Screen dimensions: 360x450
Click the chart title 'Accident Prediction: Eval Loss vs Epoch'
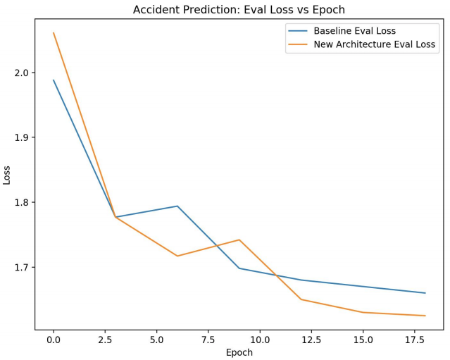point(239,10)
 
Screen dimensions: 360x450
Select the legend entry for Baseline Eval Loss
point(354,31)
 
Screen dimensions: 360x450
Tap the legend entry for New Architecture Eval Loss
point(375,45)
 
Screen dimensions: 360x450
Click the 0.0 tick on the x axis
point(54,340)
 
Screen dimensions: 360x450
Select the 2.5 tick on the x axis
point(105,340)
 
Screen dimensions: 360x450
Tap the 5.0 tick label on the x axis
point(156,340)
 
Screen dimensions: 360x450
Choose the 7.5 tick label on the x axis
point(208,340)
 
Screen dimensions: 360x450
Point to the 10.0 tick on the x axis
point(260,340)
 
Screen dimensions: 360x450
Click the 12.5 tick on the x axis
point(311,340)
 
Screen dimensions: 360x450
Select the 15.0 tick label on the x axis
point(363,340)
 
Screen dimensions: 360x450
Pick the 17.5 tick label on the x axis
point(415,340)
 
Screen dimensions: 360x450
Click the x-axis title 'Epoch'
point(239,352)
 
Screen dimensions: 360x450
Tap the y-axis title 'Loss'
point(7,174)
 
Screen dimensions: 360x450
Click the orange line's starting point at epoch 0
point(54,32)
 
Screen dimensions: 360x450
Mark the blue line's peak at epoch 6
point(177,206)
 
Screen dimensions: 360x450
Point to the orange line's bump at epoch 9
point(239,240)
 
